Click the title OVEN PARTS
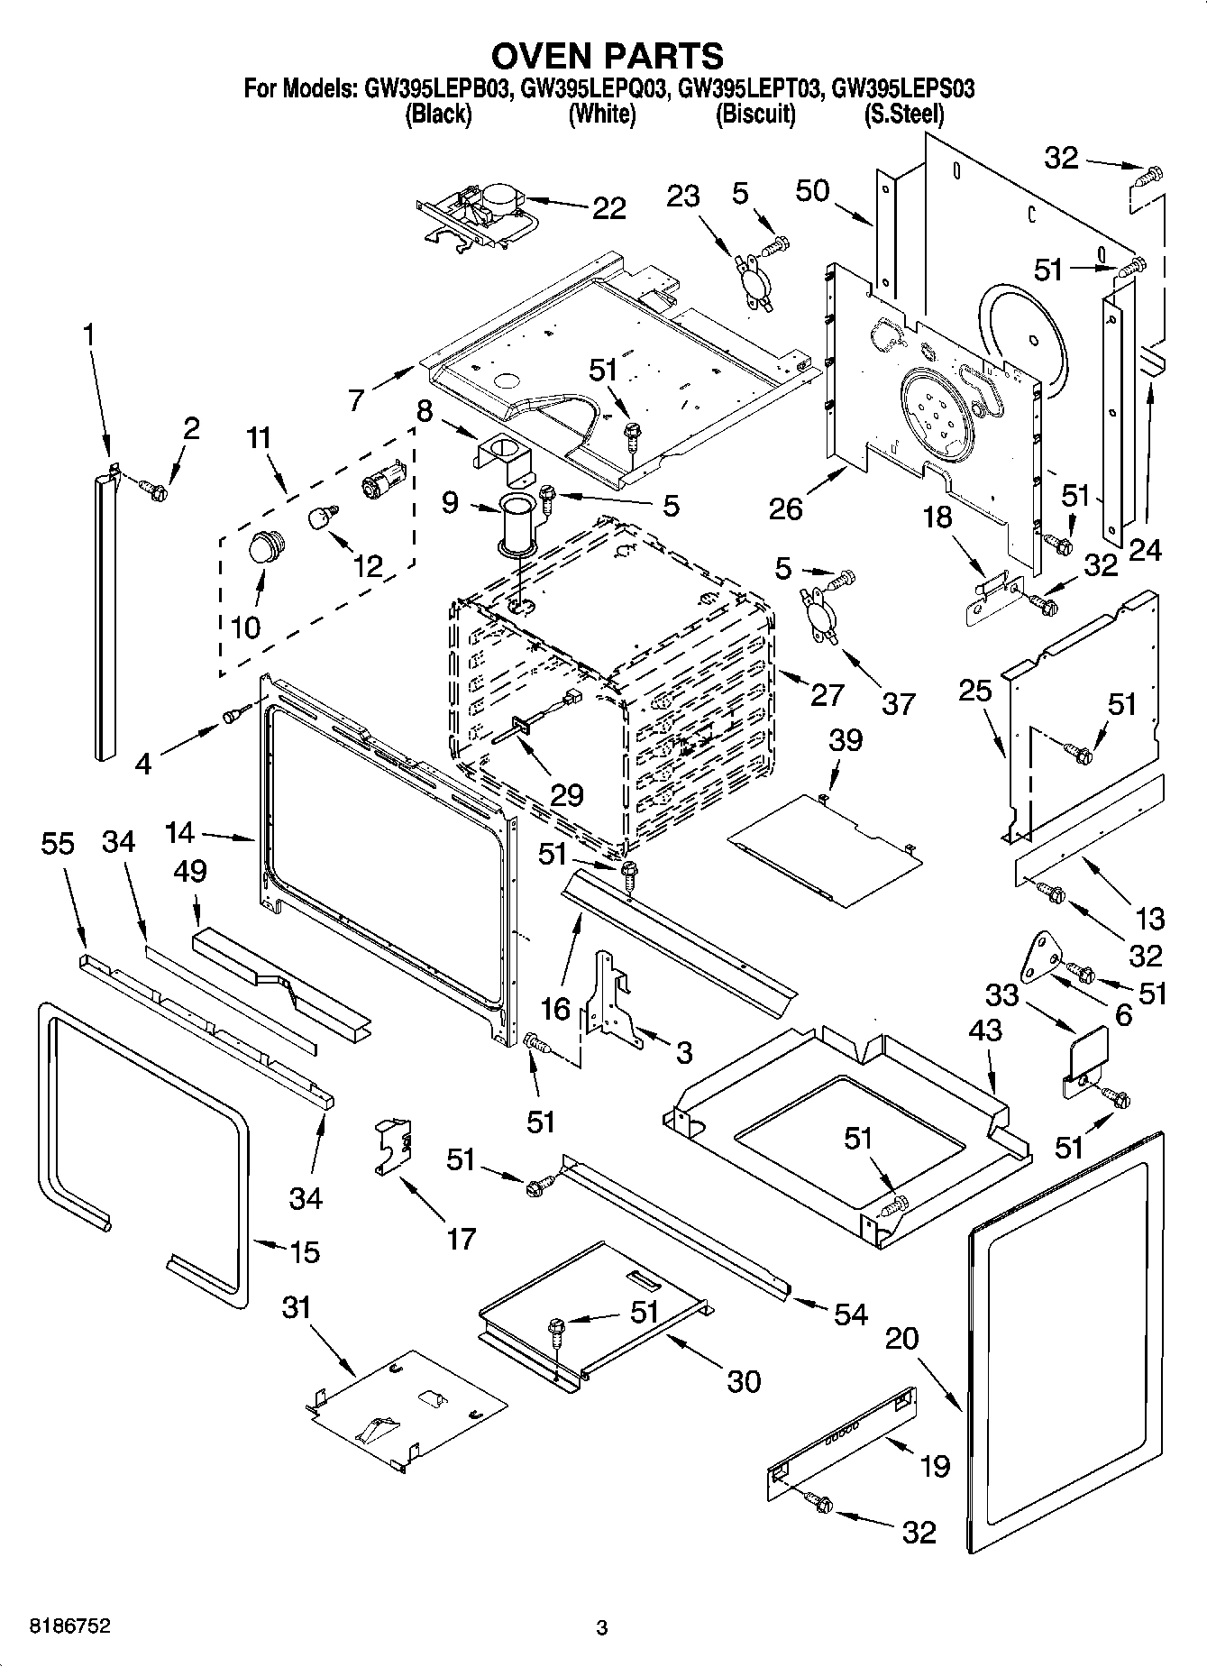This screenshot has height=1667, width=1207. [x=607, y=56]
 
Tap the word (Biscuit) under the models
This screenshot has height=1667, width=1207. [x=755, y=114]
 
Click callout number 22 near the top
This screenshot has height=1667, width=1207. [x=608, y=208]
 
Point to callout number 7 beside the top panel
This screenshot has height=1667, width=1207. [x=356, y=399]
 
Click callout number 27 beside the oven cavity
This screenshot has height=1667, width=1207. [x=827, y=694]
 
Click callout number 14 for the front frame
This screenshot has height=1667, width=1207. [x=180, y=831]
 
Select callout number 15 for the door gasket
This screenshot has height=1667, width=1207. [x=305, y=1251]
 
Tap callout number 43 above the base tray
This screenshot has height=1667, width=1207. [x=986, y=1030]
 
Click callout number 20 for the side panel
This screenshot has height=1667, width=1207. [x=901, y=1338]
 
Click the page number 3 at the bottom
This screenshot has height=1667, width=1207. [x=602, y=1628]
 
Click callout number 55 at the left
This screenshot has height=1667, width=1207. [x=58, y=844]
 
